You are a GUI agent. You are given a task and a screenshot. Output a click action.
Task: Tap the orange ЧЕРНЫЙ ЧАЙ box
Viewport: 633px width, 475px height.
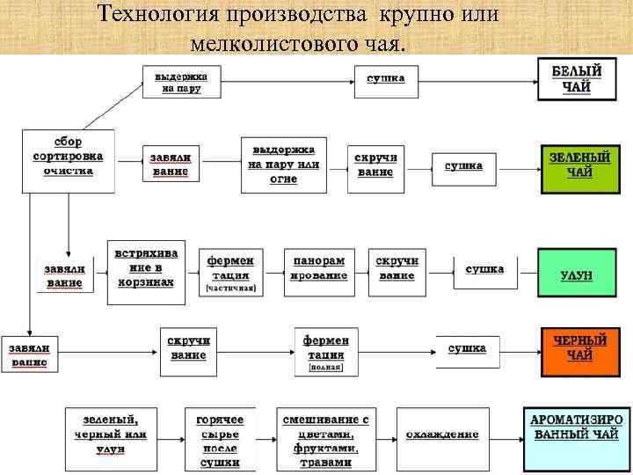[579, 348]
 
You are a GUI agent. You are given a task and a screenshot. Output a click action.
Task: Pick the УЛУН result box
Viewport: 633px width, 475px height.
[576, 274]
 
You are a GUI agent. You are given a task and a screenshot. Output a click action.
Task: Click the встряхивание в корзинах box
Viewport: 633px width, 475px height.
[146, 270]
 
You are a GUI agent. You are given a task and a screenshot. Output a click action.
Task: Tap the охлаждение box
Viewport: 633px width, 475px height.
[442, 435]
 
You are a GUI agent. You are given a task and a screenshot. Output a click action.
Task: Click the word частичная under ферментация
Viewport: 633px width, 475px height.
[230, 288]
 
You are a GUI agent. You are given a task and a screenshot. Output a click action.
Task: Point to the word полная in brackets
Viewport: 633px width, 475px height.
[325, 368]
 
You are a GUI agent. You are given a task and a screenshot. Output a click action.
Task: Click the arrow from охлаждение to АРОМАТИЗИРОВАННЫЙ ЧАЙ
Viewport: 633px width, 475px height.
[505, 435]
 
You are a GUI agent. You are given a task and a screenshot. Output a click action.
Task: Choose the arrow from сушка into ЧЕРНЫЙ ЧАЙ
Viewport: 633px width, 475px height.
[519, 348]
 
